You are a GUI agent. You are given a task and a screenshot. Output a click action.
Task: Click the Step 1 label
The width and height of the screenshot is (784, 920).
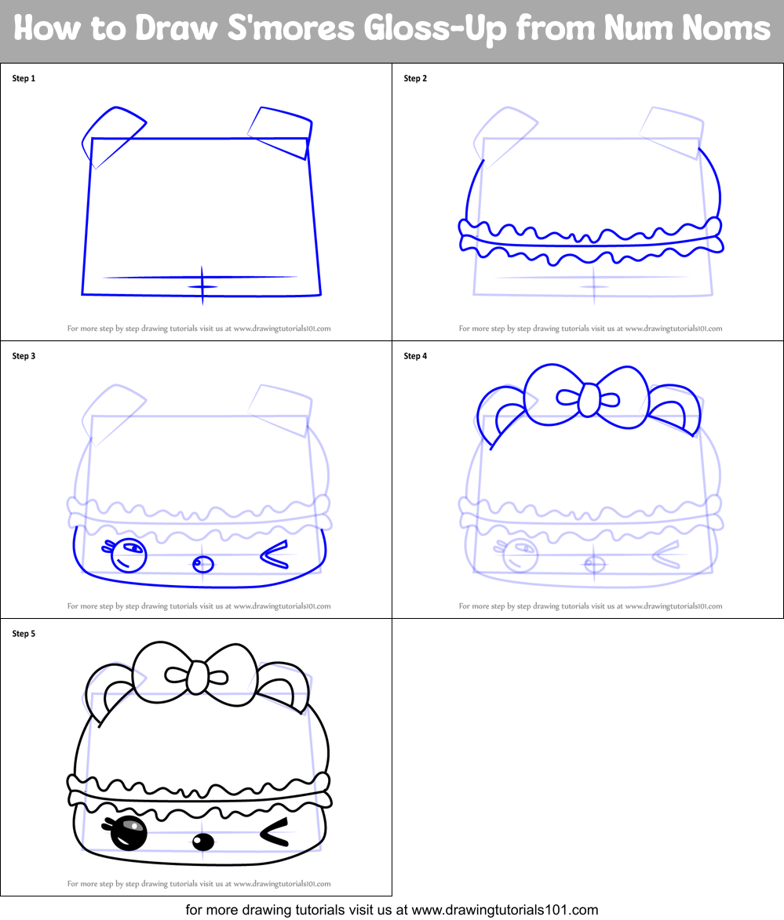[24, 78]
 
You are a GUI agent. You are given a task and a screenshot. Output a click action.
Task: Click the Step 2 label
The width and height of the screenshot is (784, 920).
[415, 78]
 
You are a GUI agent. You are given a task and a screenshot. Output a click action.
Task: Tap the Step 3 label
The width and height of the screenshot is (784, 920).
[24, 356]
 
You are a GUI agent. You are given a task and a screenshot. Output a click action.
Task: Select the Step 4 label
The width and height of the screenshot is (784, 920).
[415, 356]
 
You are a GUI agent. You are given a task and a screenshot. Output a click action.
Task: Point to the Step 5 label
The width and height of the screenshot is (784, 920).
[24, 634]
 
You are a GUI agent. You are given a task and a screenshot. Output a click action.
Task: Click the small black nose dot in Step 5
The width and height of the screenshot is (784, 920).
[202, 842]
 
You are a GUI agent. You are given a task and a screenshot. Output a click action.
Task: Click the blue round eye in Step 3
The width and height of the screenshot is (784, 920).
[129, 555]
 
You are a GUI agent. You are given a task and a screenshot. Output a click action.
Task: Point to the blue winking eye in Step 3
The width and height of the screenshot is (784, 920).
[273, 555]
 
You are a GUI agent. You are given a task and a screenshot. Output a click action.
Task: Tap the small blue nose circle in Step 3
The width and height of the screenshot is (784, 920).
[202, 564]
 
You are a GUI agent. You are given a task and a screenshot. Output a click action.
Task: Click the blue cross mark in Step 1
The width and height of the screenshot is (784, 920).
[202, 285]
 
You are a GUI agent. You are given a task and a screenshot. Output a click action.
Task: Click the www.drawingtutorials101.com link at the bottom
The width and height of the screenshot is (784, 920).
[505, 911]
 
